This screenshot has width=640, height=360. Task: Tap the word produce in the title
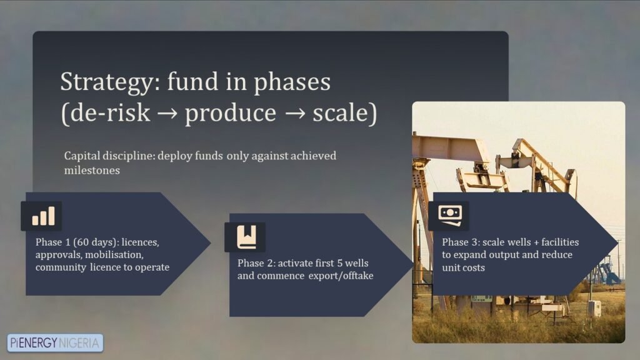click(231, 113)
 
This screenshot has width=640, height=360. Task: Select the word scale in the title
click(341, 112)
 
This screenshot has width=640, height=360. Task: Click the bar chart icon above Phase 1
click(43, 216)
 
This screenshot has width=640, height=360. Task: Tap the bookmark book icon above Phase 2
click(247, 237)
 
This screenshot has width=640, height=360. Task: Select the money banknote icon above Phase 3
click(450, 215)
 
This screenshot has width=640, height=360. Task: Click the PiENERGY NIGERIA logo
click(55, 343)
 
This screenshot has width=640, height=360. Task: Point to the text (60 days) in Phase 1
click(96, 242)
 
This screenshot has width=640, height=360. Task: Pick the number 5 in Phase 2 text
click(340, 263)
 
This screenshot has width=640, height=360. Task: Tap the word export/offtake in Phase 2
click(341, 276)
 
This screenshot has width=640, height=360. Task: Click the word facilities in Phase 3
click(560, 242)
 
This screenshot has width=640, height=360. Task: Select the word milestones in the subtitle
click(92, 170)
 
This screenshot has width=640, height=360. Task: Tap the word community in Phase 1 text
click(61, 267)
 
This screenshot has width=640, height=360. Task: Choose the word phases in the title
click(292, 82)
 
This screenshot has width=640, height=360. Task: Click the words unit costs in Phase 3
click(463, 267)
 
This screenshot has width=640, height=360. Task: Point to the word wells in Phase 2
click(357, 263)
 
